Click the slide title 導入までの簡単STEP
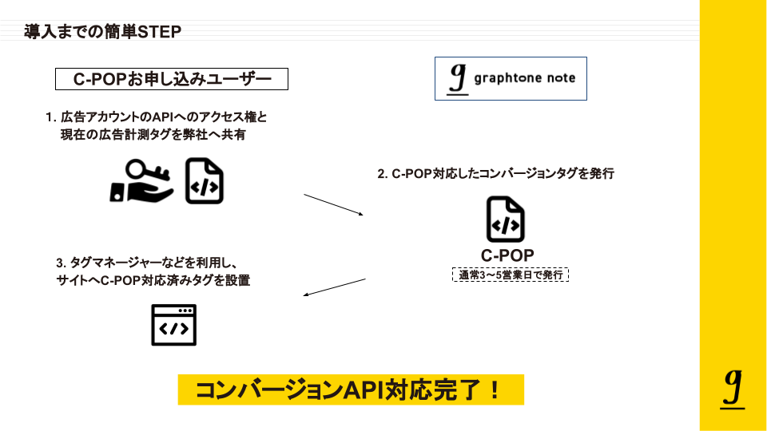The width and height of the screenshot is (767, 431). coord(103,32)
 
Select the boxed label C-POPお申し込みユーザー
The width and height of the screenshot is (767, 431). coord(171,79)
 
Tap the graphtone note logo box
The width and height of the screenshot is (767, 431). coord(511,78)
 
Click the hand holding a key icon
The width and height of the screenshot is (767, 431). coord(141,180)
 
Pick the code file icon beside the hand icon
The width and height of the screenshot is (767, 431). coord(205,180)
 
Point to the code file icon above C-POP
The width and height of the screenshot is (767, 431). coord(506,219)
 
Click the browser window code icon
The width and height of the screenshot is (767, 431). coord(173,325)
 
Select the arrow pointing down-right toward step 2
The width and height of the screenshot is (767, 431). coord(334,204)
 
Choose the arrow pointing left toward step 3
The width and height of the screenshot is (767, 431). coord(335,287)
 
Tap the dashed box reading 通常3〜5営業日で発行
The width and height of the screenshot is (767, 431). coord(510,275)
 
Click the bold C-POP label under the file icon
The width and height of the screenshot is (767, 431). coord(507,255)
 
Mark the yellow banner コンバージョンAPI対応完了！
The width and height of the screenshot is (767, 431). coord(350,389)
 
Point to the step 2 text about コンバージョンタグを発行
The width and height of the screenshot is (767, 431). coord(495,173)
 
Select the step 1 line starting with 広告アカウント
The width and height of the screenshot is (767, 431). coord(157,117)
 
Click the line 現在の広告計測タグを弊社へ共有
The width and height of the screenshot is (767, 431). coord(153,135)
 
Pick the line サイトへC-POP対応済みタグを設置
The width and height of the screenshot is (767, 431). coord(153,280)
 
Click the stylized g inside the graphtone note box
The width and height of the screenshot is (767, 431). coord(457,78)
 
